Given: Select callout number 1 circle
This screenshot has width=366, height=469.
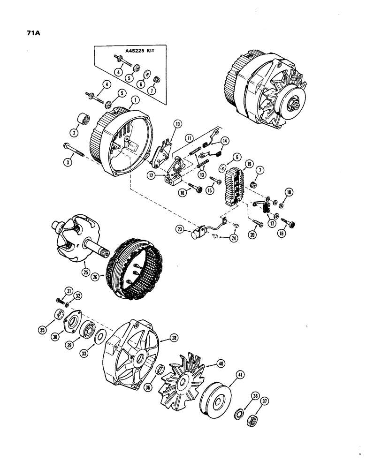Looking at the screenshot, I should pyautogui.click(x=134, y=99).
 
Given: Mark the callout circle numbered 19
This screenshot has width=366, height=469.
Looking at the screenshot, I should pyautogui.click(x=249, y=164).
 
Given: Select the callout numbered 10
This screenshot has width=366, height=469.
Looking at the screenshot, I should pyautogui.click(x=177, y=124).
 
